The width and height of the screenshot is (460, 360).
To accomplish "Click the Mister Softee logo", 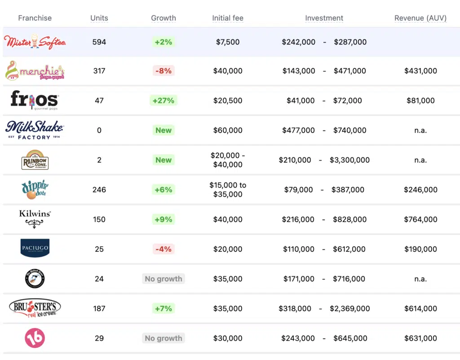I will pos(35,42).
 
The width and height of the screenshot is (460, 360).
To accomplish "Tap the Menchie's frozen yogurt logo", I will pos(35,71).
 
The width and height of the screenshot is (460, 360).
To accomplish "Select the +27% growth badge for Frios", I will pos(164,101).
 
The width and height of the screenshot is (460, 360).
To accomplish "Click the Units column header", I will pos(99,18).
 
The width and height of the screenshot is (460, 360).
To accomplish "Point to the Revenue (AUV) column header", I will pos(420,18).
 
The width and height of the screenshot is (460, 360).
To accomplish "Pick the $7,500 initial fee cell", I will pos(228,42).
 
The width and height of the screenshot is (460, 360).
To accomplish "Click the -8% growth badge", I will pos(164,71).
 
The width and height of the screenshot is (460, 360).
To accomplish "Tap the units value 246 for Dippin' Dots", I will pos(99,190).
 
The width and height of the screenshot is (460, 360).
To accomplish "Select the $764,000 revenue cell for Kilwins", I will pos(420,219).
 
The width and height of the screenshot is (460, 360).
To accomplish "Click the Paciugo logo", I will pos(35,248).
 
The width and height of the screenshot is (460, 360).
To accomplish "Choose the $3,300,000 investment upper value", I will pos(349,160).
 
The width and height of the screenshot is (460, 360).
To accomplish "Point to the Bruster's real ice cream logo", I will pos(35,308).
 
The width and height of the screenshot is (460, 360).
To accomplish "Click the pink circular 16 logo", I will pos(35,338).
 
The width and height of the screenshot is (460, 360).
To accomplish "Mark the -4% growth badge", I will pos(164,249).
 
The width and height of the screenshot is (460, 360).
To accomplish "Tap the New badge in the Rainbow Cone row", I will pos(164,160).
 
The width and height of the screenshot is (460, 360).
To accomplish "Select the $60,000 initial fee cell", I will pos(228,130).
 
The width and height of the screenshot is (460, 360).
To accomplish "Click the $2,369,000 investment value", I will pos(349,308).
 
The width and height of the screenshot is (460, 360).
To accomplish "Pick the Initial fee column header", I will pos(228,18).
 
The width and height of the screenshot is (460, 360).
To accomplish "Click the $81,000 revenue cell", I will pos(420,101).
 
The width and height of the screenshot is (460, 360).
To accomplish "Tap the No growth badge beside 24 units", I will pos(164,279).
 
